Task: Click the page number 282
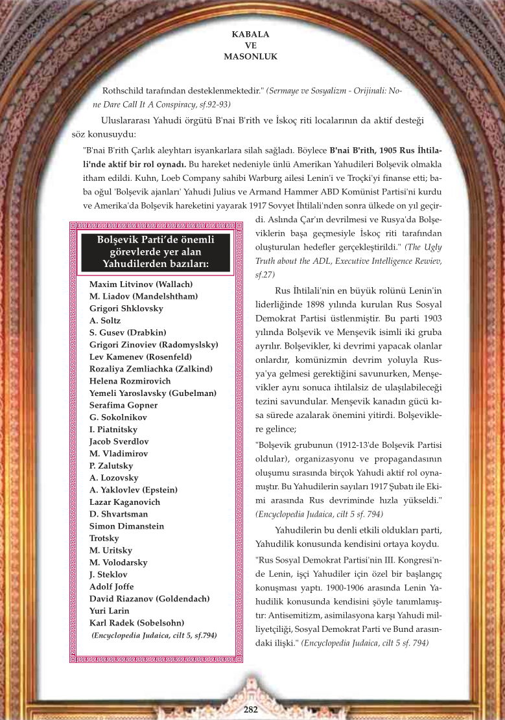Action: pyautogui.click(x=251, y=709)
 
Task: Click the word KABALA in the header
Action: pyautogui.click(x=250, y=34)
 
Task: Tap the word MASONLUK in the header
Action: pyautogui.click(x=250, y=56)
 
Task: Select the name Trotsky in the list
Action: pyautogui.click(x=104, y=538)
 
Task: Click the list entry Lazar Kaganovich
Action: pyautogui.click(x=124, y=502)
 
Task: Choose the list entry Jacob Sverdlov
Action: pyautogui.click(x=119, y=441)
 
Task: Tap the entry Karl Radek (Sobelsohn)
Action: pyautogui.click(x=137, y=623)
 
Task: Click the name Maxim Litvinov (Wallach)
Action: pyautogui.click(x=141, y=284)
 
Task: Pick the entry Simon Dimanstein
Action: pyautogui.click(x=126, y=526)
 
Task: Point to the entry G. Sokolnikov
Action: pyautogui.click(x=119, y=417)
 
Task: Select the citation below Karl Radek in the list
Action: pyautogui.click(x=154, y=636)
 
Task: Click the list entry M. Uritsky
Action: pyautogui.click(x=110, y=550)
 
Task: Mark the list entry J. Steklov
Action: pyautogui.click(x=108, y=574)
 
